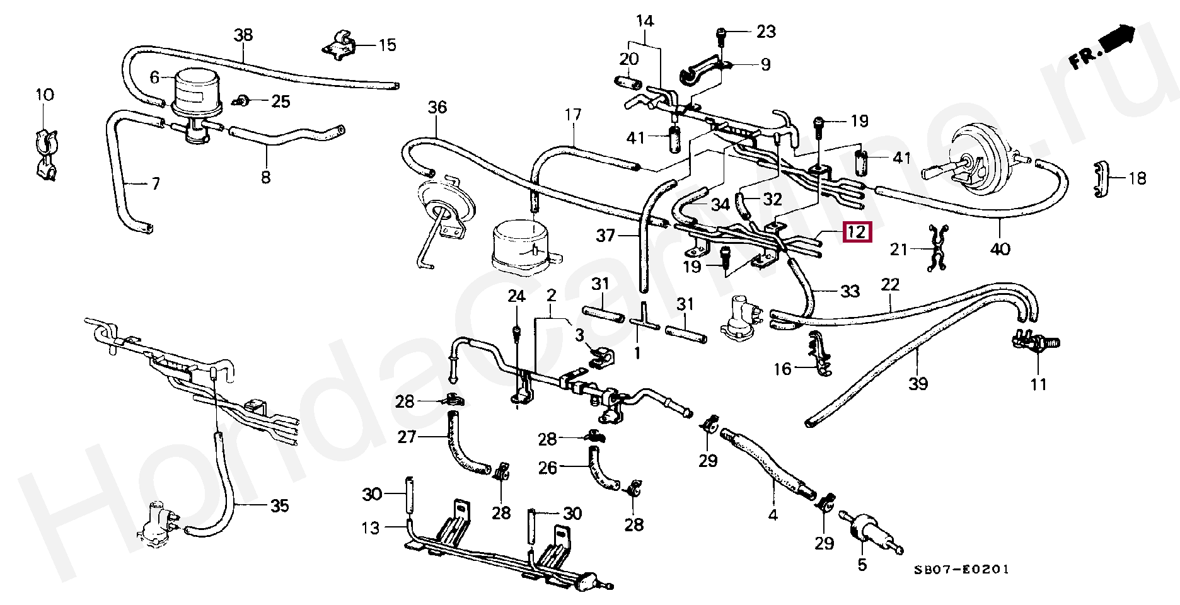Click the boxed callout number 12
click(x=857, y=232)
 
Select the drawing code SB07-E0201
click(x=962, y=570)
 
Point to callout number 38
click(x=243, y=35)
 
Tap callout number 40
click(x=1000, y=249)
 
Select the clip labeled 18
click(x=1101, y=179)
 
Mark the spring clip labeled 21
click(x=937, y=248)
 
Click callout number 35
click(x=279, y=505)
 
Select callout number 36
click(x=437, y=107)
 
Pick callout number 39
click(x=918, y=383)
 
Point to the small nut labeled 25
click(x=241, y=100)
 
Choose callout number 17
click(x=572, y=115)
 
